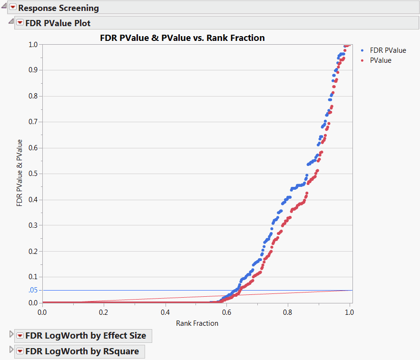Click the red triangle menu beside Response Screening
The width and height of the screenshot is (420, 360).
pyautogui.click(x=13, y=8)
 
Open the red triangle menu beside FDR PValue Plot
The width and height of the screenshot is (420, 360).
pyautogui.click(x=20, y=23)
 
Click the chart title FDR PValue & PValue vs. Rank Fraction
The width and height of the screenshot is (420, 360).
pyautogui.click(x=182, y=38)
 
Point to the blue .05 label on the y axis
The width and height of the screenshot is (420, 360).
pyautogui.click(x=32, y=290)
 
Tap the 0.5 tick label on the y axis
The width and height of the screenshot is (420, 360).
pyautogui.click(x=33, y=174)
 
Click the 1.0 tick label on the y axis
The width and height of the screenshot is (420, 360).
pyautogui.click(x=33, y=44)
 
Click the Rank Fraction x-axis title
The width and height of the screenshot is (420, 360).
pyautogui.click(x=197, y=323)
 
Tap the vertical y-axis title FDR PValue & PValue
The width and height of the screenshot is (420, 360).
pyautogui.click(x=20, y=173)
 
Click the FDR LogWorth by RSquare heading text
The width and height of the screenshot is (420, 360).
pyautogui.click(x=82, y=351)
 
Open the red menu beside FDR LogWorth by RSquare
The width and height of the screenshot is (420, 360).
pyautogui.click(x=20, y=351)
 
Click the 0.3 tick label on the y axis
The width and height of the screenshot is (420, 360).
pyautogui.click(x=33, y=225)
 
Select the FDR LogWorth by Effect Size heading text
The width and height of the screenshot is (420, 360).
pyautogui.click(x=86, y=335)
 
